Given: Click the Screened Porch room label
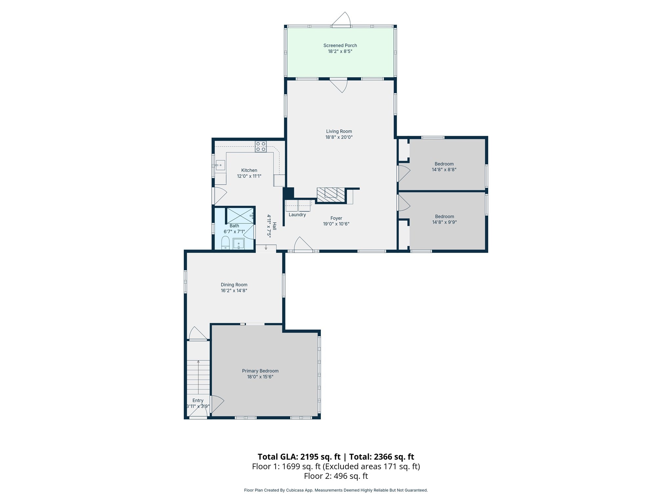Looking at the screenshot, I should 340,46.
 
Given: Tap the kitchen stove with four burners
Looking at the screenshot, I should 261,146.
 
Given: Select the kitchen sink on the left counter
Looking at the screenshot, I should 220,165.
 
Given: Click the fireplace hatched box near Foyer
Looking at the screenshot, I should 331,195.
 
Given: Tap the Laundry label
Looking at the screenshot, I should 297,215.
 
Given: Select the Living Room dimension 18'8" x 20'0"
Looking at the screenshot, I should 339,137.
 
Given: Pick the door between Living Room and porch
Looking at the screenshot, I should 339,85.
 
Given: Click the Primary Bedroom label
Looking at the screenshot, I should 260,371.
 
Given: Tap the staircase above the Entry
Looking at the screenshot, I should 198,377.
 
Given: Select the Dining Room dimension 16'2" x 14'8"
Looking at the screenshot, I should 234,291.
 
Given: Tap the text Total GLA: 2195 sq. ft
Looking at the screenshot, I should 300,457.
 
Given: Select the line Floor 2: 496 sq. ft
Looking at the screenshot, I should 336,476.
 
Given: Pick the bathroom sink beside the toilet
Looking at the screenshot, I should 239,244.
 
